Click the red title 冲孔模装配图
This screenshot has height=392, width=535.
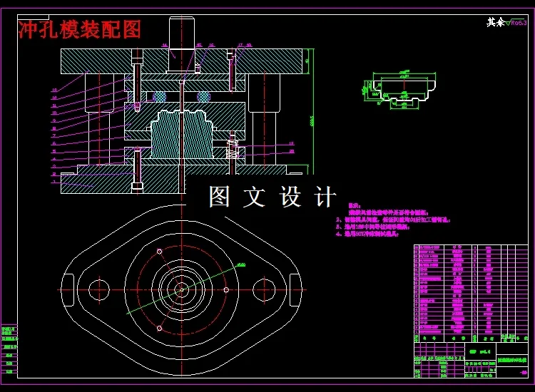(x=80, y=29)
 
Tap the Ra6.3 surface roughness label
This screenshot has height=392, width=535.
(x=518, y=23)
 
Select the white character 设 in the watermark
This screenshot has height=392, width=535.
(x=290, y=197)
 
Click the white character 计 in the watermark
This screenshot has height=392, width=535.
(x=325, y=197)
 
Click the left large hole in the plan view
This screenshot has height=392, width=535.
(x=99, y=288)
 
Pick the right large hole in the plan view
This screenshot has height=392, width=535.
(x=263, y=288)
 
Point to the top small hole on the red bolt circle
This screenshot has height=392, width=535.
(x=160, y=251)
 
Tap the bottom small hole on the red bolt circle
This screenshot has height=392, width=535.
(x=160, y=327)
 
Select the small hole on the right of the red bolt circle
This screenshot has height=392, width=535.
(x=226, y=289)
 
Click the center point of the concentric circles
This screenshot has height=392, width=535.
(x=182, y=289)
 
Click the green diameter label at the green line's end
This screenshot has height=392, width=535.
(x=241, y=265)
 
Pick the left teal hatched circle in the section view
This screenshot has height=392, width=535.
(x=159, y=96)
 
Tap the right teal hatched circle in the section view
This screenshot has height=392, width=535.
(x=204, y=96)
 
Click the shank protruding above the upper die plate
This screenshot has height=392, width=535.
(x=182, y=32)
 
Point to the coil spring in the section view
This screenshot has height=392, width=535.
(x=233, y=150)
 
